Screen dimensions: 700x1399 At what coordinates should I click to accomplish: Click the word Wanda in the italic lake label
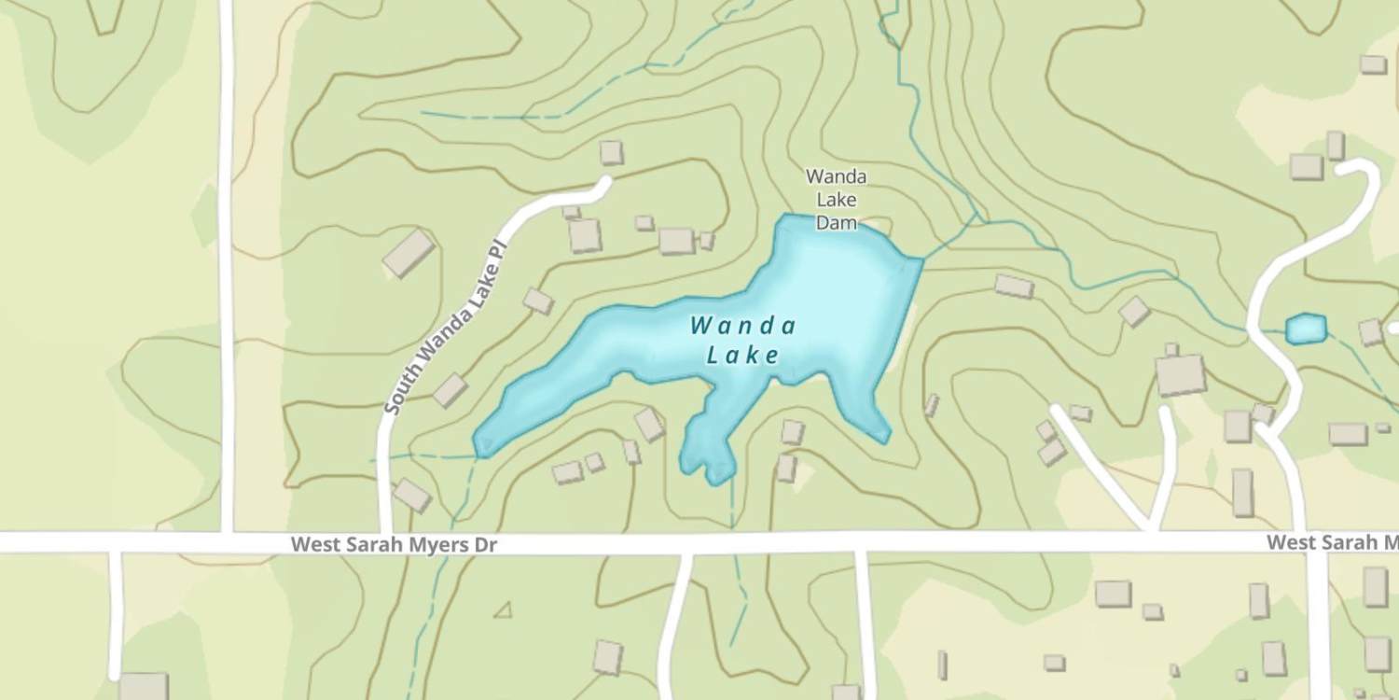(743, 326)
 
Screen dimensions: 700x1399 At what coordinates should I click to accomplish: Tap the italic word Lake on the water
(743, 355)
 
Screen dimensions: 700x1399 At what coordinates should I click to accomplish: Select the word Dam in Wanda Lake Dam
(836, 223)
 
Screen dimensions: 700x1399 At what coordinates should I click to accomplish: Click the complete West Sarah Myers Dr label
(394, 544)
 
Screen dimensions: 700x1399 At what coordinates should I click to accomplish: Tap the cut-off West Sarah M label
(1332, 543)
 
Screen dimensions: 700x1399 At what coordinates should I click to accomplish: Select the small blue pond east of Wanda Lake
(1306, 329)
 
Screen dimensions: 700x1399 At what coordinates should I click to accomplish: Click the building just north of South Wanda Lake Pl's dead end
(611, 152)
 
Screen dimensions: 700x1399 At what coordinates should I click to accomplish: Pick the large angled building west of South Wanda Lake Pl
(409, 253)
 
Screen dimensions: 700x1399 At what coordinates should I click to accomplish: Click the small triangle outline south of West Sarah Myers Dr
(505, 610)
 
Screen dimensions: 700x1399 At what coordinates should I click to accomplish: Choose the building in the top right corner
(1373, 64)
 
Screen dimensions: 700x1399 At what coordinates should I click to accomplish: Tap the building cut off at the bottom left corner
(143, 686)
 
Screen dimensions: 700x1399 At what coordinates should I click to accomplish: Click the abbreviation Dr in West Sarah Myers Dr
(485, 544)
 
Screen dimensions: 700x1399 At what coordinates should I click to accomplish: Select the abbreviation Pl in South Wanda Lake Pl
(497, 251)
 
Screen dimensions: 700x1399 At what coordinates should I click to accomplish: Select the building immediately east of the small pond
(1370, 331)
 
